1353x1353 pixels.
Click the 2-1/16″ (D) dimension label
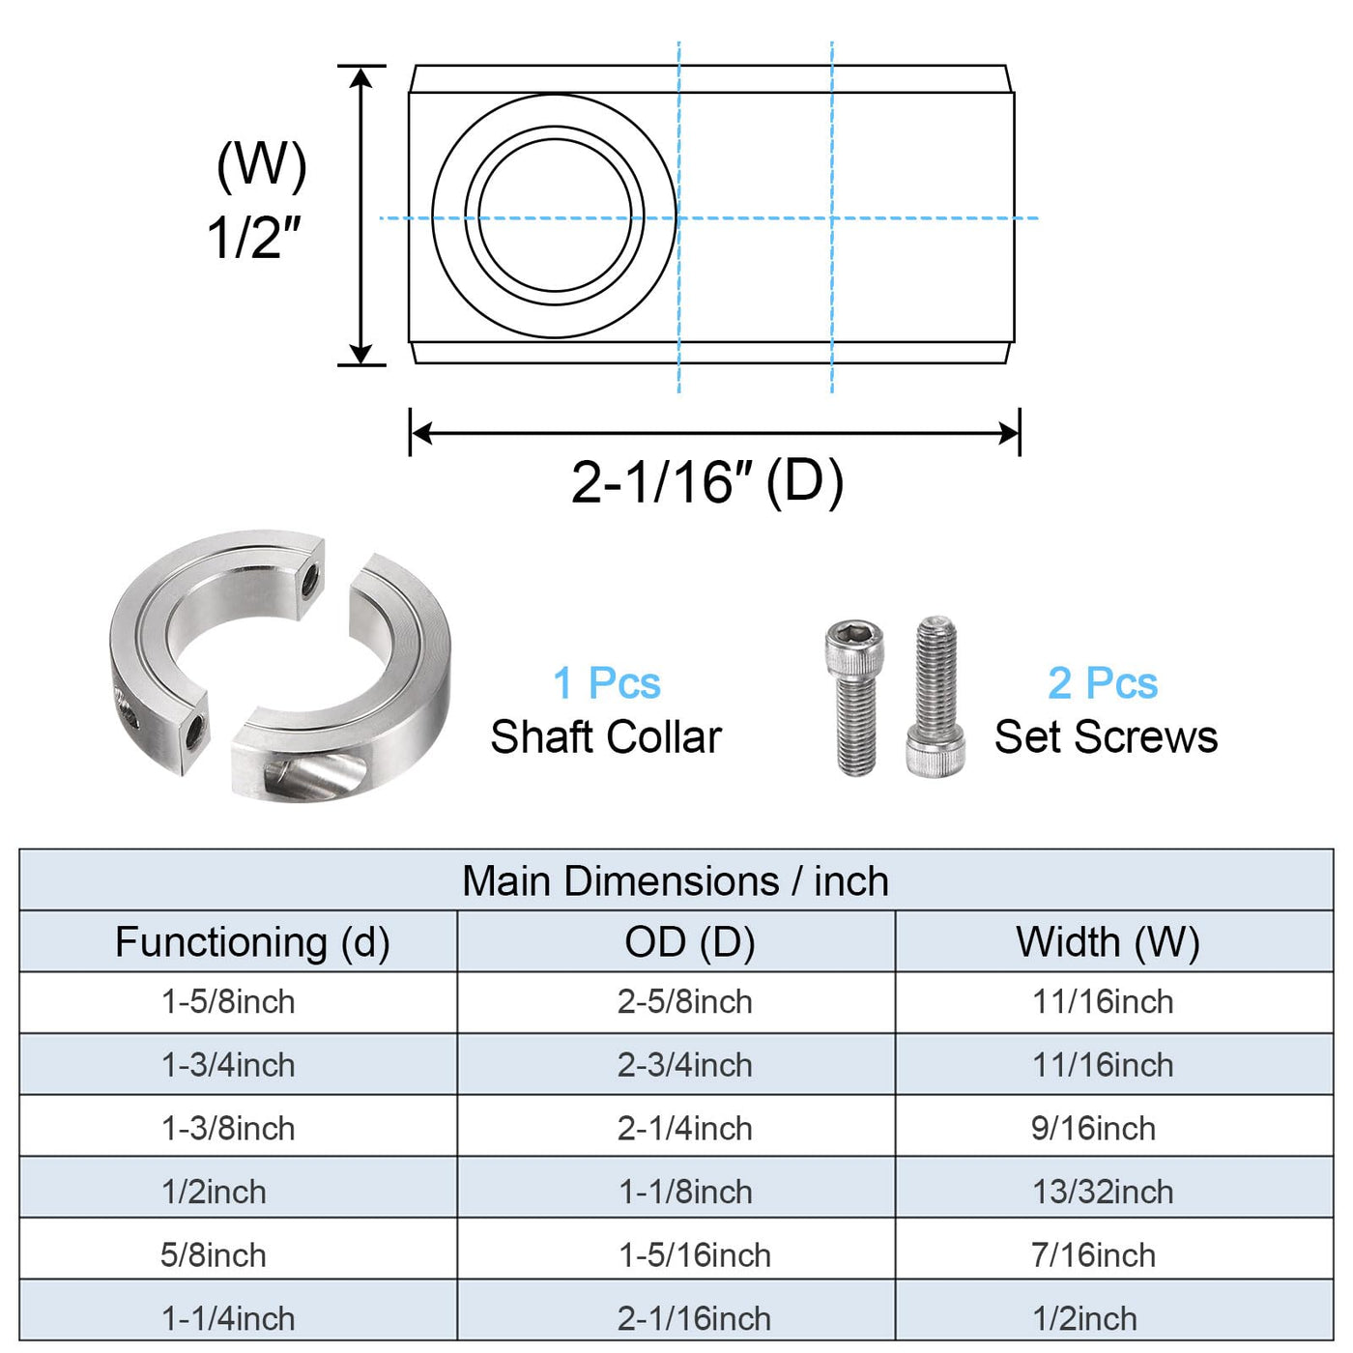(x=707, y=483)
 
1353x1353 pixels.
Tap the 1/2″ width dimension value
(x=253, y=238)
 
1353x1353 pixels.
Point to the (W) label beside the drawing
(x=261, y=166)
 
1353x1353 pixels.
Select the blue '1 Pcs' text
(x=607, y=683)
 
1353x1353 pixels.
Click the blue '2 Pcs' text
(x=1103, y=683)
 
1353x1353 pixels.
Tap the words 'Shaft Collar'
(x=606, y=737)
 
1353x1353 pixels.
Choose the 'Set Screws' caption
(x=1106, y=737)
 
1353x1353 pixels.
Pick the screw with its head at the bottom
(x=936, y=697)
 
